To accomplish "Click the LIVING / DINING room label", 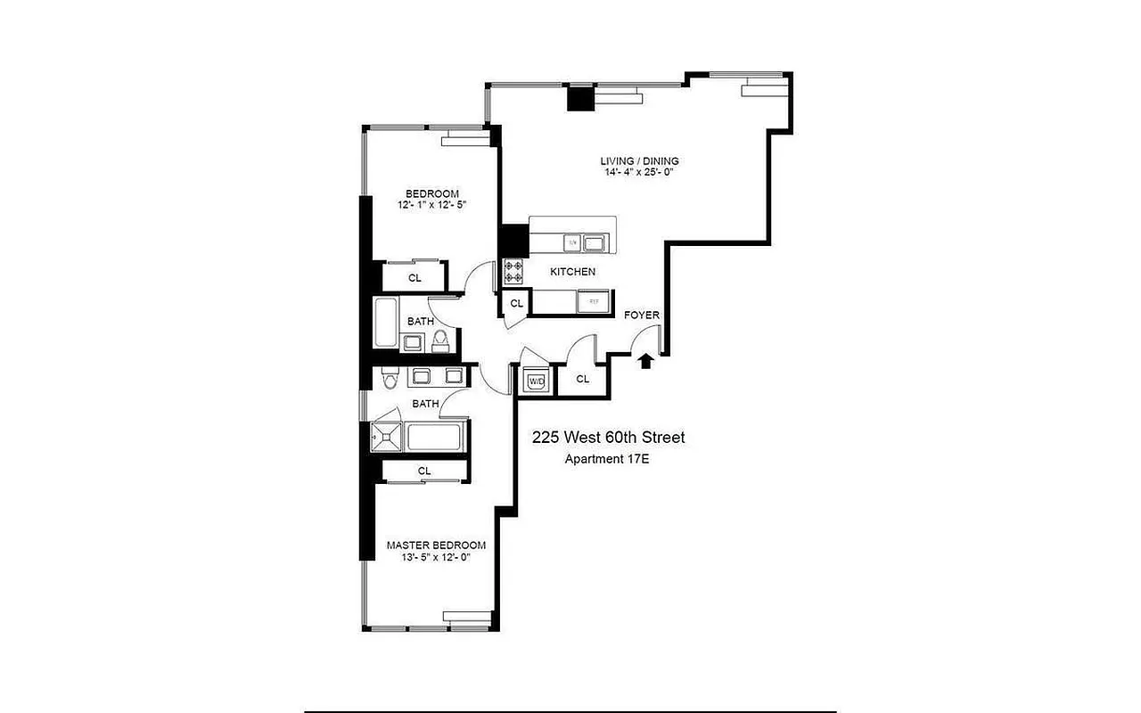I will (639, 161).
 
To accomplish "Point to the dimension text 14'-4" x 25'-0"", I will (639, 173).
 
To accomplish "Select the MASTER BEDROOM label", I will (436, 545).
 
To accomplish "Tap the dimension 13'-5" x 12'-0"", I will (436, 557).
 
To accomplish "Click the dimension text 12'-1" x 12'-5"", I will (432, 205).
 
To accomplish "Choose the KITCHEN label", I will (572, 272).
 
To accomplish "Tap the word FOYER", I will (642, 316).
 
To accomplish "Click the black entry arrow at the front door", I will (645, 361).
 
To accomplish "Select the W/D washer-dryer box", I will (537, 381).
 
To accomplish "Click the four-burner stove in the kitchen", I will (514, 272).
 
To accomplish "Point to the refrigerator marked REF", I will (593, 303).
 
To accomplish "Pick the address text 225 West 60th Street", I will (609, 438).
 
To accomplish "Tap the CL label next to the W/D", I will (583, 379).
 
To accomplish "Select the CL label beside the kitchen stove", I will (516, 304).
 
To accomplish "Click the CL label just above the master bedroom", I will (424, 471).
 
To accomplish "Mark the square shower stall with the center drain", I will (387, 438).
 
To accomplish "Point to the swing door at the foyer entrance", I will (647, 338).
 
